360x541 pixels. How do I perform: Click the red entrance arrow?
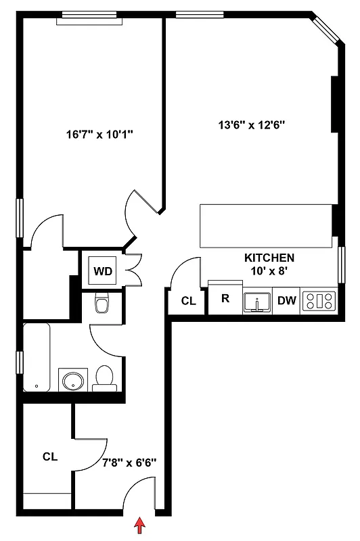[140, 525]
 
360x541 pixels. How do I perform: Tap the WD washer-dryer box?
[103, 271]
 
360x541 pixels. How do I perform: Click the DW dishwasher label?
[288, 301]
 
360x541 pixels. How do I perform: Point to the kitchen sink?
[257, 301]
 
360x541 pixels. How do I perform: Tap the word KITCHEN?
[269, 258]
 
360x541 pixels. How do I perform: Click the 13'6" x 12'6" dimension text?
[251, 124]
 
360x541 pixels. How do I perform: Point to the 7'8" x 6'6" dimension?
[129, 463]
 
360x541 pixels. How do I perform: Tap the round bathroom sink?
[71, 381]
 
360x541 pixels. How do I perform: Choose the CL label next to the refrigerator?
[188, 301]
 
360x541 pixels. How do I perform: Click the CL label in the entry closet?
[49, 456]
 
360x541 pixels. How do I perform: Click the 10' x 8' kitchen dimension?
[269, 271]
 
